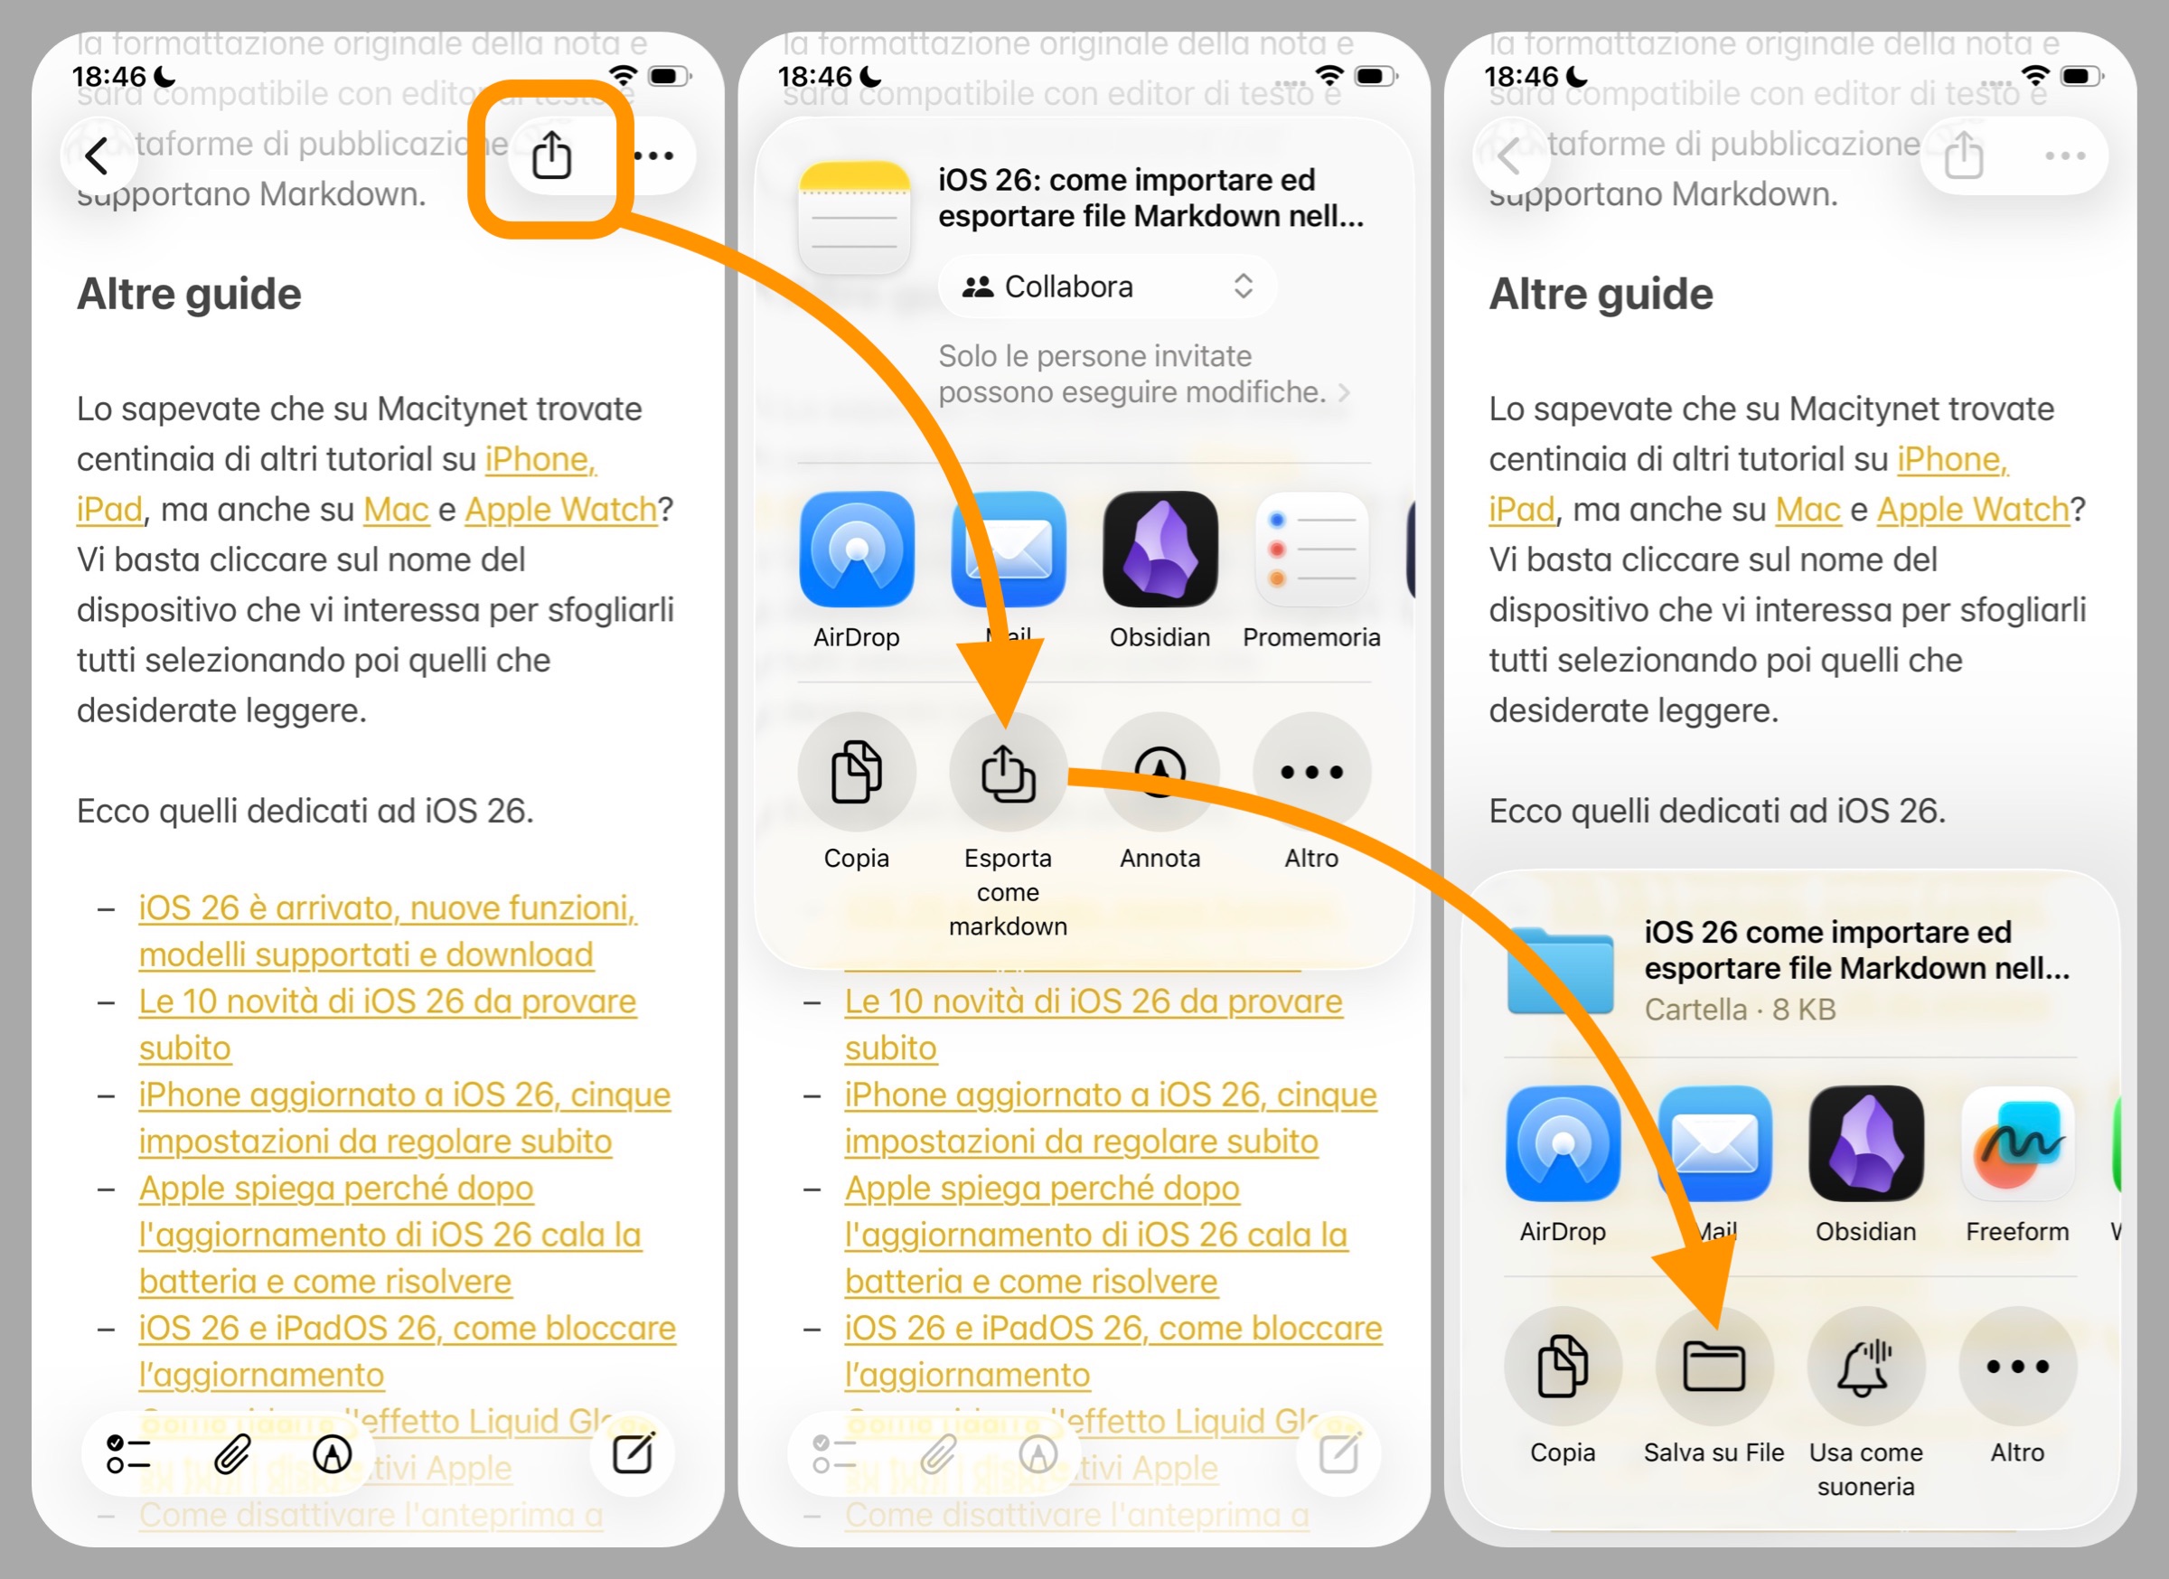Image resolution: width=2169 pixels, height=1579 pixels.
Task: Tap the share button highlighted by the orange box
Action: pos(551,155)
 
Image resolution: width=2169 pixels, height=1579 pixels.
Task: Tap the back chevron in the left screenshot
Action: pos(97,155)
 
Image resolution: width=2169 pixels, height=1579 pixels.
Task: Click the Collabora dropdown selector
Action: pos(1106,286)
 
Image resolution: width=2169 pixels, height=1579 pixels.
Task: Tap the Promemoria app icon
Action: pos(1311,549)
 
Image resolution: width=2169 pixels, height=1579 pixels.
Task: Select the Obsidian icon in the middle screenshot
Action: pos(1160,549)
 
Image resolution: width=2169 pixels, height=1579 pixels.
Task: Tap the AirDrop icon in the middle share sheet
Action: pos(856,549)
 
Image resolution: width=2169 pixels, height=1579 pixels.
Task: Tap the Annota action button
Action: pos(1160,771)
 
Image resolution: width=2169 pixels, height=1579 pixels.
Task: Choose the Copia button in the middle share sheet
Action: pos(856,771)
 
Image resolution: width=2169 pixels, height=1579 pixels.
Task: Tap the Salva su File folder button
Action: pos(1713,1366)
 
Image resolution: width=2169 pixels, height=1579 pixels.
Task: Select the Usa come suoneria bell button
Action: pos(1864,1366)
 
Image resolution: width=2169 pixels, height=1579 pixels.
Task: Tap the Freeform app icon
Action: pos(2017,1144)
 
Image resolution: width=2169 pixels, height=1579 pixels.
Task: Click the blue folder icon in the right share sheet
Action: pos(1560,970)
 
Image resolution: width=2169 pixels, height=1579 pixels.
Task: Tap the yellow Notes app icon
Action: pos(854,218)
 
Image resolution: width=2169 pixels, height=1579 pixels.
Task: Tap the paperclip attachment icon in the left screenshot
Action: pos(231,1454)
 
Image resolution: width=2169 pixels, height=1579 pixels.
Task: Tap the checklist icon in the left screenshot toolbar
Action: pos(129,1454)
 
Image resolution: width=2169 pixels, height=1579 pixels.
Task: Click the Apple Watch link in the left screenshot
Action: pos(560,510)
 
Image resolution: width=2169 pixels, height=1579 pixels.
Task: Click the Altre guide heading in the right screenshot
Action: pos(1600,294)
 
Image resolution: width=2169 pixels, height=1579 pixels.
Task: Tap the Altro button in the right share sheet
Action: pos(2017,1366)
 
